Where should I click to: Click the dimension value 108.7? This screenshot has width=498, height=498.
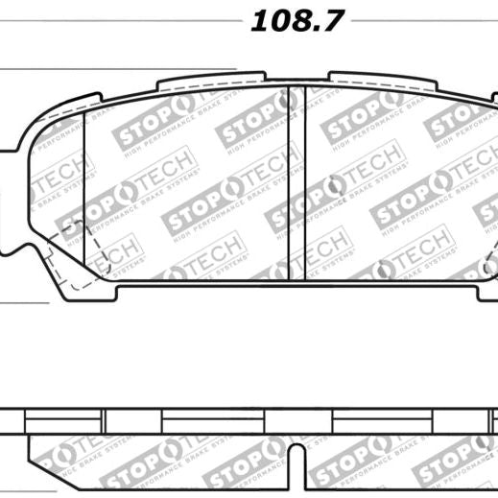(296, 22)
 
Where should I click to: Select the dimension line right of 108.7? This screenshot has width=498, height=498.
(422, 18)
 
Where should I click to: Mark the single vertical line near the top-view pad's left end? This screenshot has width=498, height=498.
(84, 192)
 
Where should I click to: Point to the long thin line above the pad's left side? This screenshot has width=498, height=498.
(115, 69)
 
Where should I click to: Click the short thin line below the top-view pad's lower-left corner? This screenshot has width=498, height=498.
(24, 303)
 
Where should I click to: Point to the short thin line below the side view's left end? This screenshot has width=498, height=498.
(24, 378)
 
